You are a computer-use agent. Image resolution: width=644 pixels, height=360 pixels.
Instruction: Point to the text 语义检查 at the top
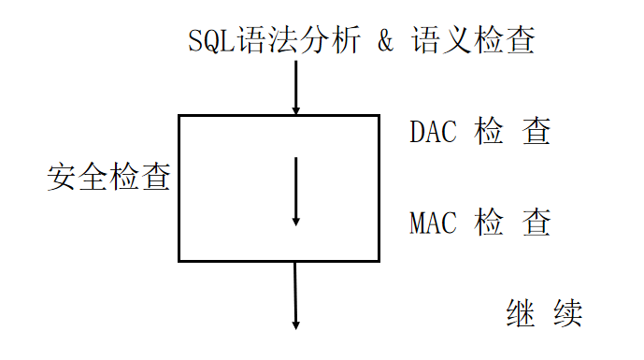tap(472, 41)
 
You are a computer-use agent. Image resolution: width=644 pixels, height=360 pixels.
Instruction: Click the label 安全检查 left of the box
tap(108, 177)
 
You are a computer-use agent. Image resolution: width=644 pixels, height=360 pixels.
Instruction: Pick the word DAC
tap(433, 132)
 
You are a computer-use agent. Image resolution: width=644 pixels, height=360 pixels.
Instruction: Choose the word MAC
tap(433, 223)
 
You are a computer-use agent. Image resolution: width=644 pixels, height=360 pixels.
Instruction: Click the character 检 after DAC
tap(489, 132)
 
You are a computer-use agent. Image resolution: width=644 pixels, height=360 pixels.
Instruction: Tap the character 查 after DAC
tap(536, 132)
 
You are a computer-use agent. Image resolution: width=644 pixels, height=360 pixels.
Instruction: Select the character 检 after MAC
tap(489, 223)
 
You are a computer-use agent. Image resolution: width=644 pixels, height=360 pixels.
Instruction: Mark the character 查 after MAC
tap(536, 223)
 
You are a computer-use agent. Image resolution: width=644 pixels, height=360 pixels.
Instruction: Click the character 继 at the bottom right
tap(521, 313)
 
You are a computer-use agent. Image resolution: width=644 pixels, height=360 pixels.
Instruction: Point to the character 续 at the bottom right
tap(566, 313)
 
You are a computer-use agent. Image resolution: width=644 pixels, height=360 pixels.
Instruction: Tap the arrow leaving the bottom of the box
tap(295, 295)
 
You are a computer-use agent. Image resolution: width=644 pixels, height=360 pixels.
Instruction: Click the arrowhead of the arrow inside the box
tap(295, 221)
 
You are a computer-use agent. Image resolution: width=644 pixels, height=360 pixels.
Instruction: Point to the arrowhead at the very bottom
tap(295, 324)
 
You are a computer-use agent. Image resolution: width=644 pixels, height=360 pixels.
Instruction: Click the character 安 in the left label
tap(62, 177)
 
